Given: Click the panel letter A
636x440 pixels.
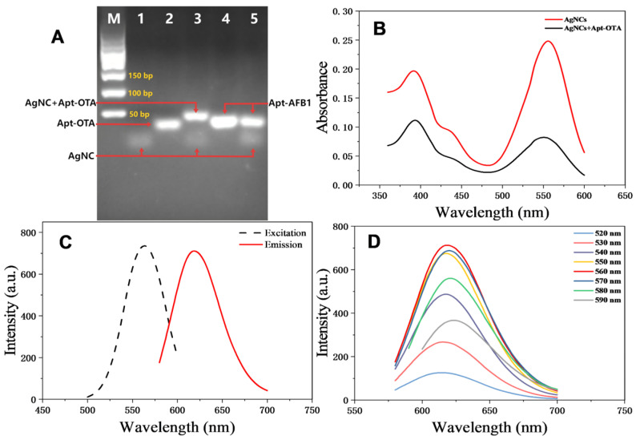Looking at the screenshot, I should tap(57, 36).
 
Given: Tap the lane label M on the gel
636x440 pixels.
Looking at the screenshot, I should tap(113, 19).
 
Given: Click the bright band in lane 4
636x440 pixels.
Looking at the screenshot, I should tap(224, 123).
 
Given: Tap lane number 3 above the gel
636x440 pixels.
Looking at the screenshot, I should tap(196, 19).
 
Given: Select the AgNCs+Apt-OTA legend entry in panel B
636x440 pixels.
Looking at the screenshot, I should tap(580, 28).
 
